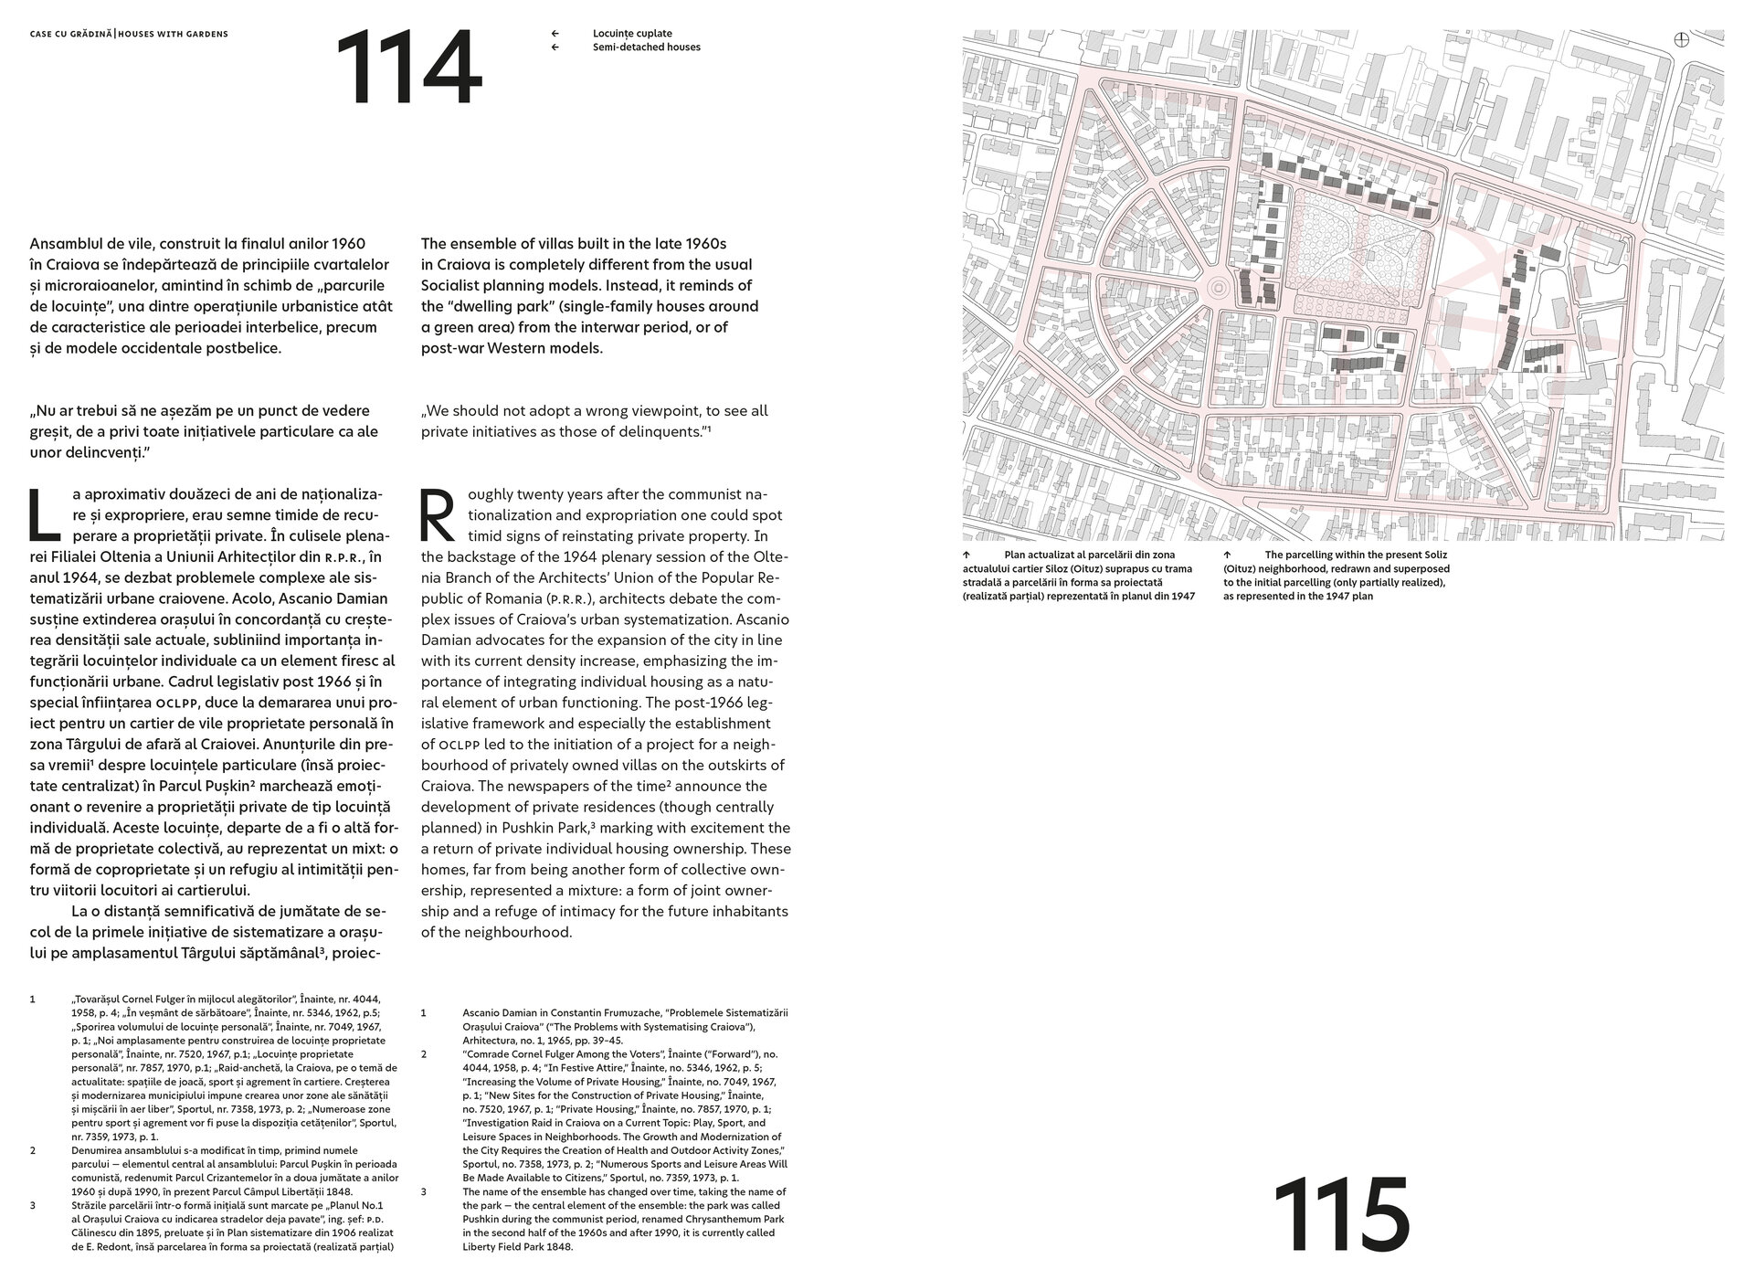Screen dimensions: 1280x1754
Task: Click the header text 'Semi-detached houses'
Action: coord(646,47)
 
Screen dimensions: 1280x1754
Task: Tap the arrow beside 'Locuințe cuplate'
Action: coord(555,33)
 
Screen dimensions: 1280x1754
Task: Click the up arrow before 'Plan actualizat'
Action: coord(966,555)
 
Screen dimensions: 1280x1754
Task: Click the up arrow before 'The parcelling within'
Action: coord(1227,555)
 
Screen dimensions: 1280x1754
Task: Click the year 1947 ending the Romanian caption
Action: coord(1183,597)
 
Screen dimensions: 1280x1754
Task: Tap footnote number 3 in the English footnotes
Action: coord(424,1191)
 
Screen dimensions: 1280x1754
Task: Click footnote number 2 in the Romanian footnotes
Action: coord(33,1149)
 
